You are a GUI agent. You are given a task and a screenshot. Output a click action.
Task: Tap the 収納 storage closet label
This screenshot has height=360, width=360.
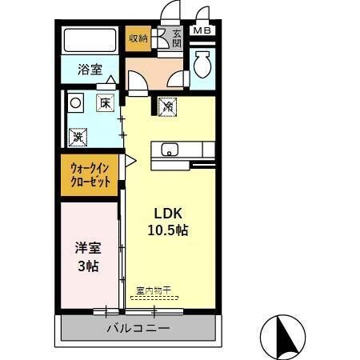click(x=138, y=38)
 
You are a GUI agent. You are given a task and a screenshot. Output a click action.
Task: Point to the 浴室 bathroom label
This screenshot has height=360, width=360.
click(x=89, y=70)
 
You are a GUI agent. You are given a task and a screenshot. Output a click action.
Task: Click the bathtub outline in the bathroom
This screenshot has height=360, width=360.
click(x=90, y=41)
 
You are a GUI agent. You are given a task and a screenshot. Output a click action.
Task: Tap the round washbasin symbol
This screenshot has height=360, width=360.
click(x=76, y=102)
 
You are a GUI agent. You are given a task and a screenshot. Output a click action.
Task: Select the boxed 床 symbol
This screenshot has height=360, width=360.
click(x=105, y=102)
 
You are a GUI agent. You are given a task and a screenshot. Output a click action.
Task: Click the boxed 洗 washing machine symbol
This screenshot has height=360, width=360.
click(x=78, y=136)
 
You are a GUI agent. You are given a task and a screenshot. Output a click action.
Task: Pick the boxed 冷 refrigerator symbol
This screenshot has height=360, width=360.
click(x=167, y=104)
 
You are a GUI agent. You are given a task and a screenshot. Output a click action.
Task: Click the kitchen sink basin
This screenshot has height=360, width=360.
click(x=170, y=149)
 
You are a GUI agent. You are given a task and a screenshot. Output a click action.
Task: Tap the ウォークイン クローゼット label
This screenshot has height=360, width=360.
click(x=90, y=175)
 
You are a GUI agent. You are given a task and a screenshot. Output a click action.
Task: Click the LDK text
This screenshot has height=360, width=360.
click(x=169, y=214)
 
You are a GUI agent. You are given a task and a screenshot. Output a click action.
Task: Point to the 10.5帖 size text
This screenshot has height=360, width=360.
click(x=169, y=231)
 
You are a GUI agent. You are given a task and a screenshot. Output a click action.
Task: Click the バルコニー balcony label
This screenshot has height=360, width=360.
click(x=138, y=329)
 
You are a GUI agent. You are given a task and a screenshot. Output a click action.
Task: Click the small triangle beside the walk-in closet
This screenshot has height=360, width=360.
click(x=129, y=161)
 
